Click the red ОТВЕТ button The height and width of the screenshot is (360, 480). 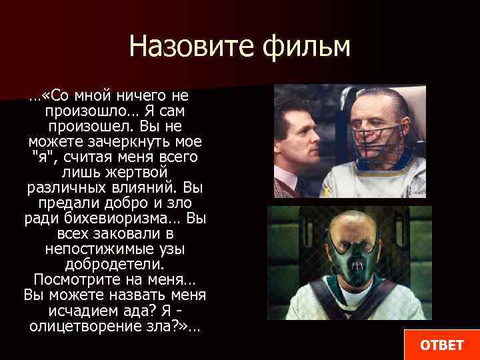click(x=441, y=344)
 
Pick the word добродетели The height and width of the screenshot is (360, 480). click(x=115, y=264)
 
